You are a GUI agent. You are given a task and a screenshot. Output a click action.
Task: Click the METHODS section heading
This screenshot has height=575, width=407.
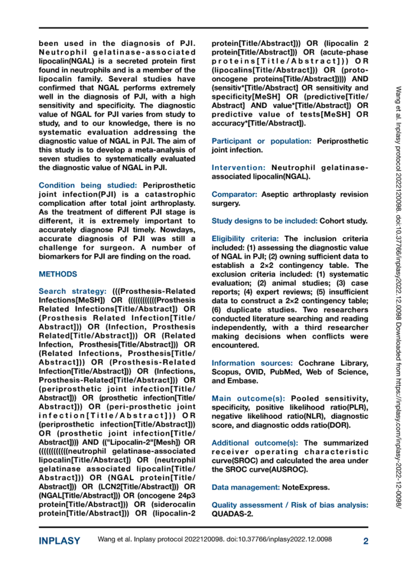point(58,275)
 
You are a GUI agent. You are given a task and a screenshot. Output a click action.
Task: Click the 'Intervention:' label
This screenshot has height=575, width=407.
point(238,167)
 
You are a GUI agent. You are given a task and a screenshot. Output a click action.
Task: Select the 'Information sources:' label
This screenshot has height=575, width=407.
point(252,363)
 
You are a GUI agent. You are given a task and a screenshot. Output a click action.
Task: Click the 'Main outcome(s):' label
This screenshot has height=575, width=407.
point(247,399)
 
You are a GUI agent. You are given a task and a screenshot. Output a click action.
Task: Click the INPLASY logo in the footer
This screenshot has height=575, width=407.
point(59,541)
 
